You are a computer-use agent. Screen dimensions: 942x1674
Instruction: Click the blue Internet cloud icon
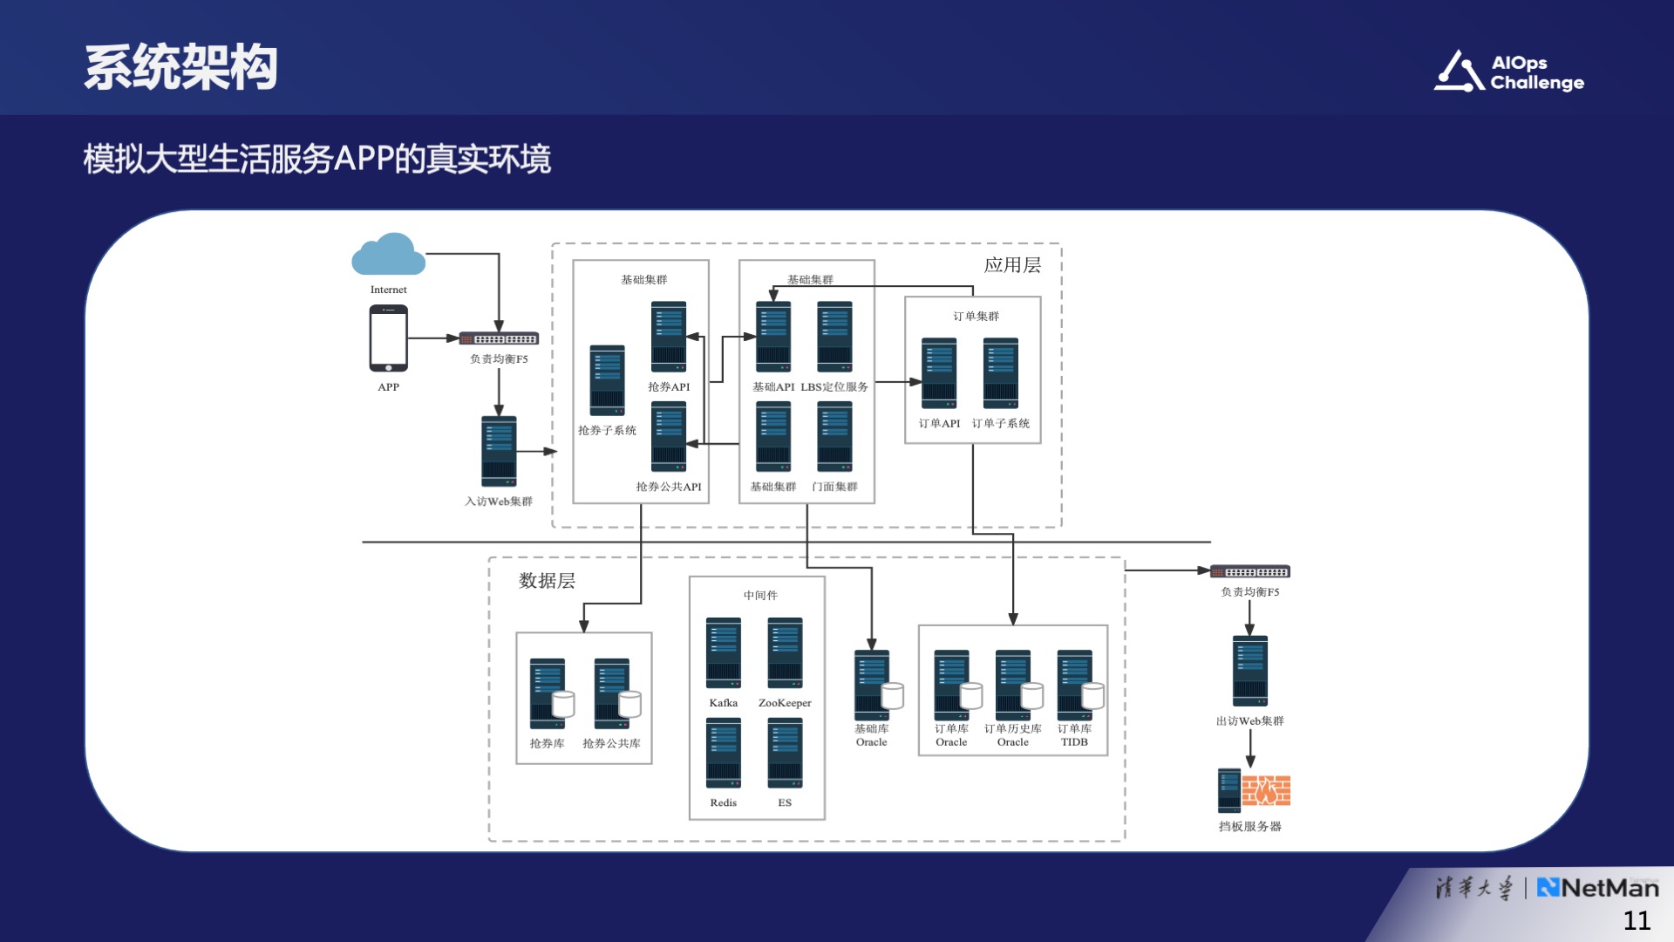tap(389, 255)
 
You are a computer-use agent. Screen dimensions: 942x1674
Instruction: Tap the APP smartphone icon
tap(389, 338)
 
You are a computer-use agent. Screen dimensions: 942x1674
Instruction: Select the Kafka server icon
tap(724, 652)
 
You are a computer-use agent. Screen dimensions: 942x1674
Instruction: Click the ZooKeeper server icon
tap(785, 652)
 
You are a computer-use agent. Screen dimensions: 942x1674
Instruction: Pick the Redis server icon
tap(724, 753)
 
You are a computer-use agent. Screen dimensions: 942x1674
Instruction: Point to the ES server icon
tap(785, 753)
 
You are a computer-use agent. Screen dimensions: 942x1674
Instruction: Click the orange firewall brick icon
tap(1266, 790)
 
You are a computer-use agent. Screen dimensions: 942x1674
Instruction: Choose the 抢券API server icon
tap(669, 337)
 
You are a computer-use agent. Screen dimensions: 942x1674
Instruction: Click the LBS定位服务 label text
tap(834, 387)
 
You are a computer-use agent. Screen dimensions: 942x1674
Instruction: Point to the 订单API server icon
tap(939, 373)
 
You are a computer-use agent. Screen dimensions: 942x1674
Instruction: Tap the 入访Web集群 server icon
tap(499, 451)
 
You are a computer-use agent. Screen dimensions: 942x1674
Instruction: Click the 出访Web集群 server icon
tap(1250, 671)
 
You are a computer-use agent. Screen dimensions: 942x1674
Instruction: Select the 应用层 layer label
tap(1012, 265)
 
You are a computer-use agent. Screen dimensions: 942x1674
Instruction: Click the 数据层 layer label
tap(547, 581)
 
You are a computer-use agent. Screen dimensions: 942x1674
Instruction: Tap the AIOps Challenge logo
tap(1509, 72)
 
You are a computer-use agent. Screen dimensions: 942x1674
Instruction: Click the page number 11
tap(1637, 920)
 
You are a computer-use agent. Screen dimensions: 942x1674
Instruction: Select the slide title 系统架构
tap(181, 67)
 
